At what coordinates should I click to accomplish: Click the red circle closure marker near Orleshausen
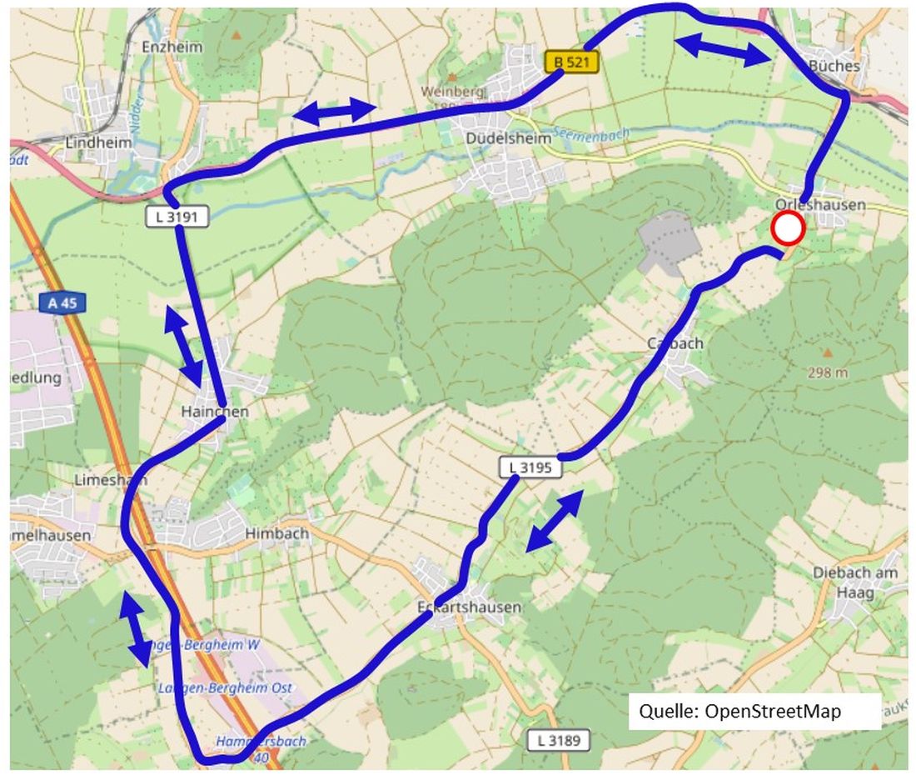pyautogui.click(x=787, y=228)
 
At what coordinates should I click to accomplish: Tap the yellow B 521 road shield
pyautogui.click(x=572, y=62)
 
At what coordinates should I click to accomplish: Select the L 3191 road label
pyautogui.click(x=177, y=217)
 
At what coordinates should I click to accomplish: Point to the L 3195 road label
pyautogui.click(x=530, y=467)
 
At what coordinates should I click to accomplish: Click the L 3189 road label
pyautogui.click(x=559, y=739)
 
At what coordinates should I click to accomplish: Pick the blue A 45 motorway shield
pyautogui.click(x=62, y=302)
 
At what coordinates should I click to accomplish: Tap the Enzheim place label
pyautogui.click(x=172, y=47)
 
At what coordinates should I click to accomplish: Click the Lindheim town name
pyautogui.click(x=98, y=143)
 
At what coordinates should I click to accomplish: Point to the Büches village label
pyautogui.click(x=834, y=65)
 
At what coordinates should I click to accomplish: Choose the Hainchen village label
pyautogui.click(x=215, y=412)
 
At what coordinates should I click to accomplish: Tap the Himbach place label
pyautogui.click(x=276, y=533)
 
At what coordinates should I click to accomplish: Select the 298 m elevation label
pyautogui.click(x=827, y=373)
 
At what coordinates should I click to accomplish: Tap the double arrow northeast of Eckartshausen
pyautogui.click(x=555, y=521)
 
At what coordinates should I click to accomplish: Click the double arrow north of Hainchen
pyautogui.click(x=183, y=346)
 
